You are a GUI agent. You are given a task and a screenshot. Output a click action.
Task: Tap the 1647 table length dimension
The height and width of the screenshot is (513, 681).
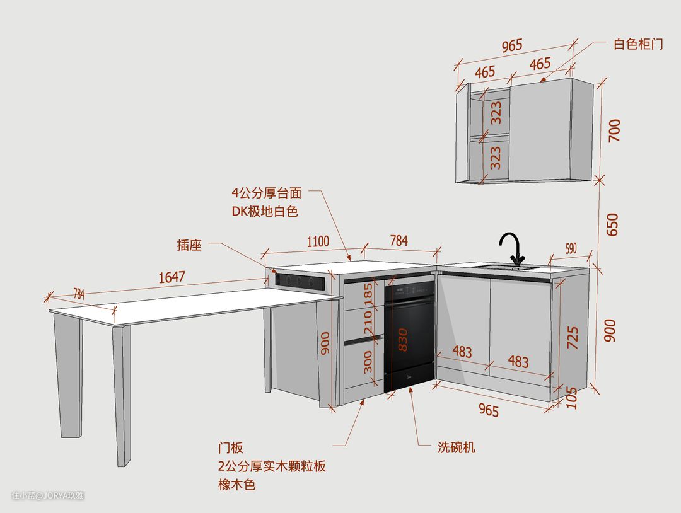pyautogui.click(x=171, y=277)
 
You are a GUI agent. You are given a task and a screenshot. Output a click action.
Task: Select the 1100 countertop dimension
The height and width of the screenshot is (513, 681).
pyautogui.click(x=318, y=241)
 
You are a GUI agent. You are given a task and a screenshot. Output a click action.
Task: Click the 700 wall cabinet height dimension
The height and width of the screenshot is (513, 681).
pyautogui.click(x=614, y=130)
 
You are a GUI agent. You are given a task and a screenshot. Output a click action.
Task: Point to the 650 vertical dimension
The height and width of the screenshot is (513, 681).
pyautogui.click(x=612, y=224)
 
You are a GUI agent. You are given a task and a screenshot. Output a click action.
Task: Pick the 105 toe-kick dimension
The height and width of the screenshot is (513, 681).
pyautogui.click(x=572, y=398)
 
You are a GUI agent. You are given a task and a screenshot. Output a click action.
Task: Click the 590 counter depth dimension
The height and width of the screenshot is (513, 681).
pyautogui.click(x=570, y=248)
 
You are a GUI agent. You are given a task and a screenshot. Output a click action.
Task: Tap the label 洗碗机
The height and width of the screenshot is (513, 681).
pyautogui.click(x=457, y=447)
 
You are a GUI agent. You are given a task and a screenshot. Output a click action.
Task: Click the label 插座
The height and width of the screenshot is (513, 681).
pyautogui.click(x=189, y=245)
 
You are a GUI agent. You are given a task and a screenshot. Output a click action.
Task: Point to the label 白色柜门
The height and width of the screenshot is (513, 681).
pyautogui.click(x=638, y=44)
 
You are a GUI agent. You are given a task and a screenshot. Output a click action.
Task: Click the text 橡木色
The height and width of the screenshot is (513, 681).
pyautogui.click(x=236, y=485)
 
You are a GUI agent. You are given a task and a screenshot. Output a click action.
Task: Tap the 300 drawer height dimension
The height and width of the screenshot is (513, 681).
pyautogui.click(x=368, y=362)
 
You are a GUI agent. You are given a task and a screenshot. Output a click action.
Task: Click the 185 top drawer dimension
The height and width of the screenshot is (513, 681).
pyautogui.click(x=368, y=293)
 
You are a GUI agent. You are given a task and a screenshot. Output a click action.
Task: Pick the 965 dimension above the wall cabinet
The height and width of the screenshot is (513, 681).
pyautogui.click(x=512, y=46)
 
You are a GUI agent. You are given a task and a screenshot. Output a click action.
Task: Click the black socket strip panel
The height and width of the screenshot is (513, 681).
pyautogui.click(x=301, y=280)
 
